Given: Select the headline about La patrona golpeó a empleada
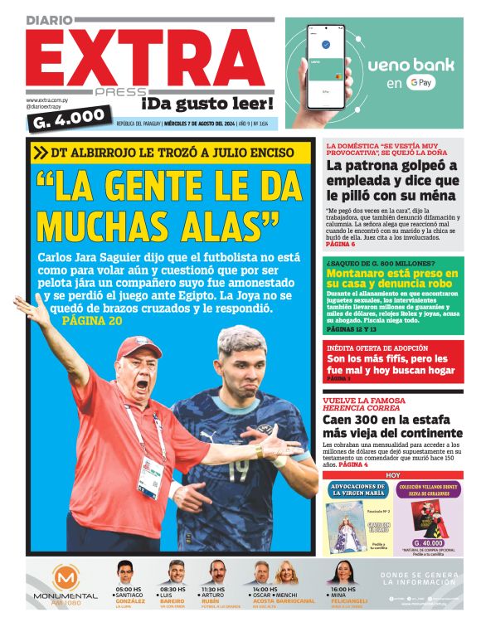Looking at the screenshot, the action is click(392, 180).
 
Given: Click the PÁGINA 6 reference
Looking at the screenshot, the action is click(340, 245).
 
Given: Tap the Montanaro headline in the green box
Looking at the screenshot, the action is click(393, 279).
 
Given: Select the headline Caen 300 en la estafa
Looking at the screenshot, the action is click(392, 426).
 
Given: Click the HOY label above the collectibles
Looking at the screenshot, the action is click(393, 475).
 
